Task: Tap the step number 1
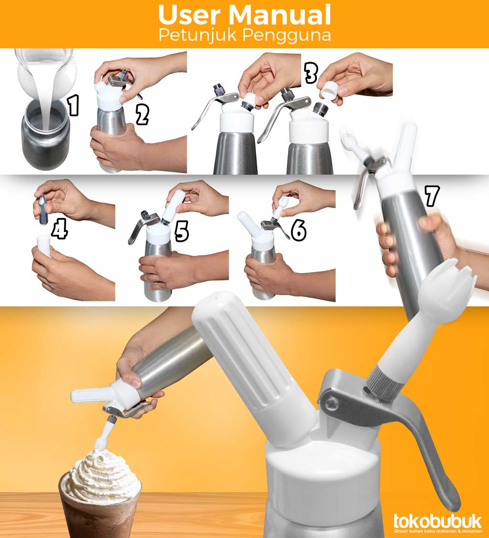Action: (73, 105)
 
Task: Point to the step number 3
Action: (311, 73)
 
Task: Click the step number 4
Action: (59, 230)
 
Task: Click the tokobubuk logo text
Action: (437, 521)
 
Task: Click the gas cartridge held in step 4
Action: (43, 209)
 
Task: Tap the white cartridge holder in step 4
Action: (44, 245)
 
